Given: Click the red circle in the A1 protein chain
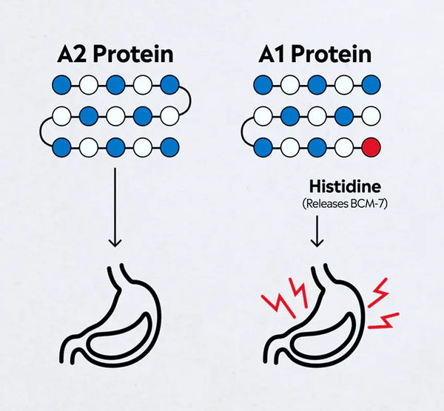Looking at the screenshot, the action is point(371,147).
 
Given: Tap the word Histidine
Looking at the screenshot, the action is point(345,187).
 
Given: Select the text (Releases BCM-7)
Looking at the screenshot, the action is point(345,204).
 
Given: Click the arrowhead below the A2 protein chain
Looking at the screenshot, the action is point(115,242).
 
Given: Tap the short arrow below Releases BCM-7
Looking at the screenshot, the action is point(317,231).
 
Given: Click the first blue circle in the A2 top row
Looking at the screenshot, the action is point(61,84).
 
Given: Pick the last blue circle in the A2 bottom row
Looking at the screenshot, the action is point(169,147).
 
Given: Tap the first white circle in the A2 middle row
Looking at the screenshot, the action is point(61,116).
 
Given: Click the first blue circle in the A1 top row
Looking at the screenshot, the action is point(263,84).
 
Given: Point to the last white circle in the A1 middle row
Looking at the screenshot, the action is point(371,116).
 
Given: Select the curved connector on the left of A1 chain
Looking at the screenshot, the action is point(242,132).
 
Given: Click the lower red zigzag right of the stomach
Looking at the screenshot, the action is point(384,321).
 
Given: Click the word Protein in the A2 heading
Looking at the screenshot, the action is point(133,54).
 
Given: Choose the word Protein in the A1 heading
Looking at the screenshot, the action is point(331,54).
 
